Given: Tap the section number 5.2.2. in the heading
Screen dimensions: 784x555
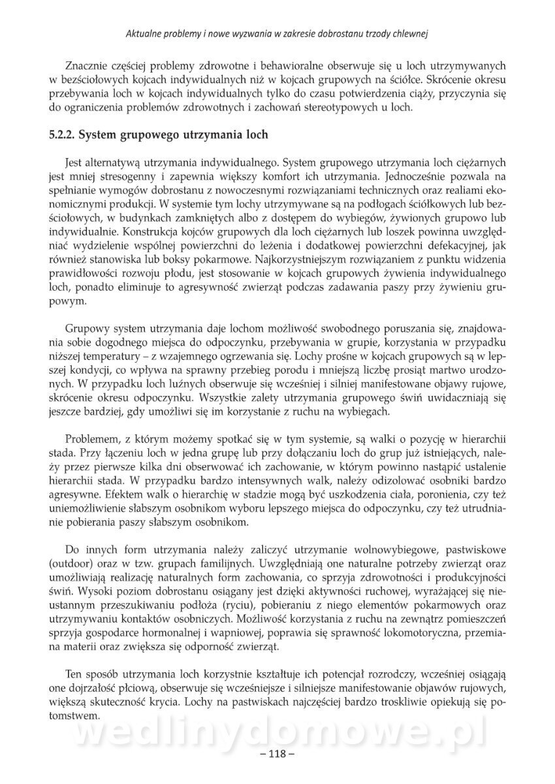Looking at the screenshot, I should [x=64, y=136].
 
